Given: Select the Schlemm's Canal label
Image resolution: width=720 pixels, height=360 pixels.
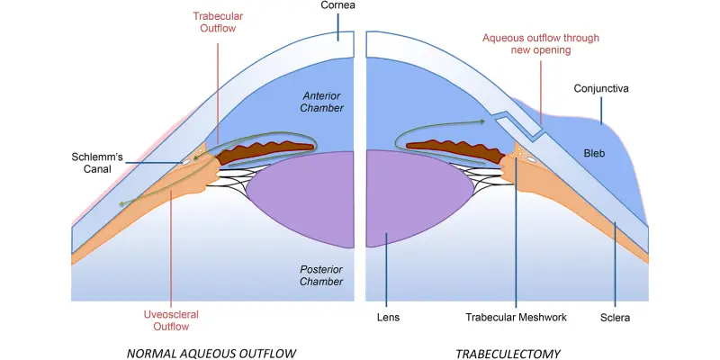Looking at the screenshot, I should (100, 162).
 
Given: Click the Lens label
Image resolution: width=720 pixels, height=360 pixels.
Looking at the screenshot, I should (388, 318).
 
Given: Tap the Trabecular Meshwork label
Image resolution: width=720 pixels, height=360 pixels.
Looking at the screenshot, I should (516, 318).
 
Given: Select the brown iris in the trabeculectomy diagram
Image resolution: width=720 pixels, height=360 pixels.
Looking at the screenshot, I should (450, 146).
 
